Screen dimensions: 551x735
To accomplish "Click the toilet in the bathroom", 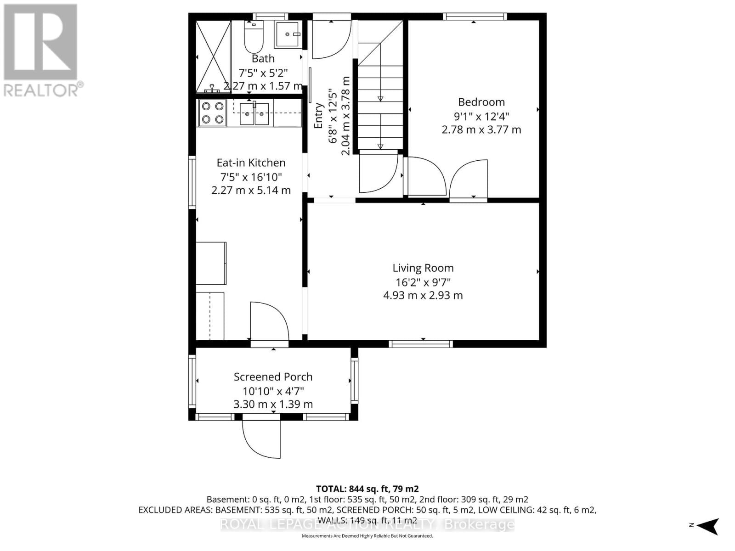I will [x=253, y=38].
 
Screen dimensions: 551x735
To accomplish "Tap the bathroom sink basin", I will [x=288, y=34].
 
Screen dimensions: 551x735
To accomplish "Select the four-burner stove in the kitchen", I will [x=212, y=113].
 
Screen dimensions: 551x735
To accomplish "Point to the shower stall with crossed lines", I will [x=213, y=56].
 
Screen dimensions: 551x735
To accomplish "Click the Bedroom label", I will [x=481, y=102].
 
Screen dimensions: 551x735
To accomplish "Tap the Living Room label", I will [x=423, y=268].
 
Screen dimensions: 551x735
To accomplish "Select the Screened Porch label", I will [x=273, y=377].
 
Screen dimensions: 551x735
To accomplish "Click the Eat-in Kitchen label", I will [x=251, y=163].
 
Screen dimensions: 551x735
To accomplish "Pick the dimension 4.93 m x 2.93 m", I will [x=423, y=295].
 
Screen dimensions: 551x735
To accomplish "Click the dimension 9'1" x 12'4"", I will [x=481, y=116].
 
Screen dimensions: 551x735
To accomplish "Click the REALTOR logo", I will [x=41, y=50].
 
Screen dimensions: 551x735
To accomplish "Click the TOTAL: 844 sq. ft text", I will [x=367, y=489].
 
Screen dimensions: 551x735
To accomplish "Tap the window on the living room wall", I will [x=421, y=343].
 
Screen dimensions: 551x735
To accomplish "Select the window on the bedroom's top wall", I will [x=475, y=17].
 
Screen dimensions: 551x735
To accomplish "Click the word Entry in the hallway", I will [x=318, y=116].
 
